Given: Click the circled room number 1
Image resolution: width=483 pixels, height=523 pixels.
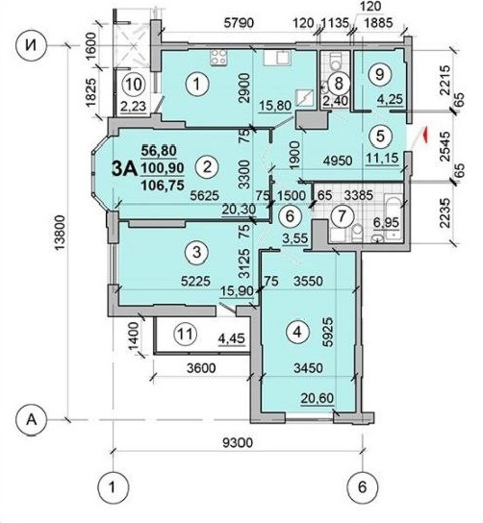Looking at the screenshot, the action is pos(197,84).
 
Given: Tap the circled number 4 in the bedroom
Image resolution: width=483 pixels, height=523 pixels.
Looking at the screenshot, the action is pos(297,332).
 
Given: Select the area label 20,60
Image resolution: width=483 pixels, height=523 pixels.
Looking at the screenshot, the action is pos(318,398).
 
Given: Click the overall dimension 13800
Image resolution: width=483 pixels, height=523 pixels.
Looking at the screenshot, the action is pos(60,234).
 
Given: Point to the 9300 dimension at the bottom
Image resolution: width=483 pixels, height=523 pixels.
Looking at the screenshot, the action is pos(239,443).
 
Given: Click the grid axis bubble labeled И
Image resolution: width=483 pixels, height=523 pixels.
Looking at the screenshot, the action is pos(32,46).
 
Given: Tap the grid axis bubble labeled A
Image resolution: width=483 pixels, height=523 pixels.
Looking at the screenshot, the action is pos(32,420).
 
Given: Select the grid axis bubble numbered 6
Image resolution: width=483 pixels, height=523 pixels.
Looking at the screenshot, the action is pos(363,488).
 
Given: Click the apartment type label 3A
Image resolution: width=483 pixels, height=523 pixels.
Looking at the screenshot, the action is pos(124,169).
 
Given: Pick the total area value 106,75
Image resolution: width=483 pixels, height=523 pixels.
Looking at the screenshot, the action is pos(163,185).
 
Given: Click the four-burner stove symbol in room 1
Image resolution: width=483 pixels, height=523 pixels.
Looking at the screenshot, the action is pos(219,57).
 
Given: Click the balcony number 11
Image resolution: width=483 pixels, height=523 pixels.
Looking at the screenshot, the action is pos(185,334).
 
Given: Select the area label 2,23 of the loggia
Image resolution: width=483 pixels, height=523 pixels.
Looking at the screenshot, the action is pos(134,106).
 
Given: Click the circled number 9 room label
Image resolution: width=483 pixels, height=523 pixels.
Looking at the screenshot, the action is pos(379,74).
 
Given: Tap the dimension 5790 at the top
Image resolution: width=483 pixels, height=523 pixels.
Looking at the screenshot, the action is pos(239,23).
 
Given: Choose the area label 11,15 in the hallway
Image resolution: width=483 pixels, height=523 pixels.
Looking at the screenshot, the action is pos(383,158).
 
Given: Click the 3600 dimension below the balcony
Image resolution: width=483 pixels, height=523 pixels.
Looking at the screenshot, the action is pos(201,368).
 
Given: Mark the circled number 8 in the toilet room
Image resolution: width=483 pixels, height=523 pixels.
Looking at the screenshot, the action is pos(339,83).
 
